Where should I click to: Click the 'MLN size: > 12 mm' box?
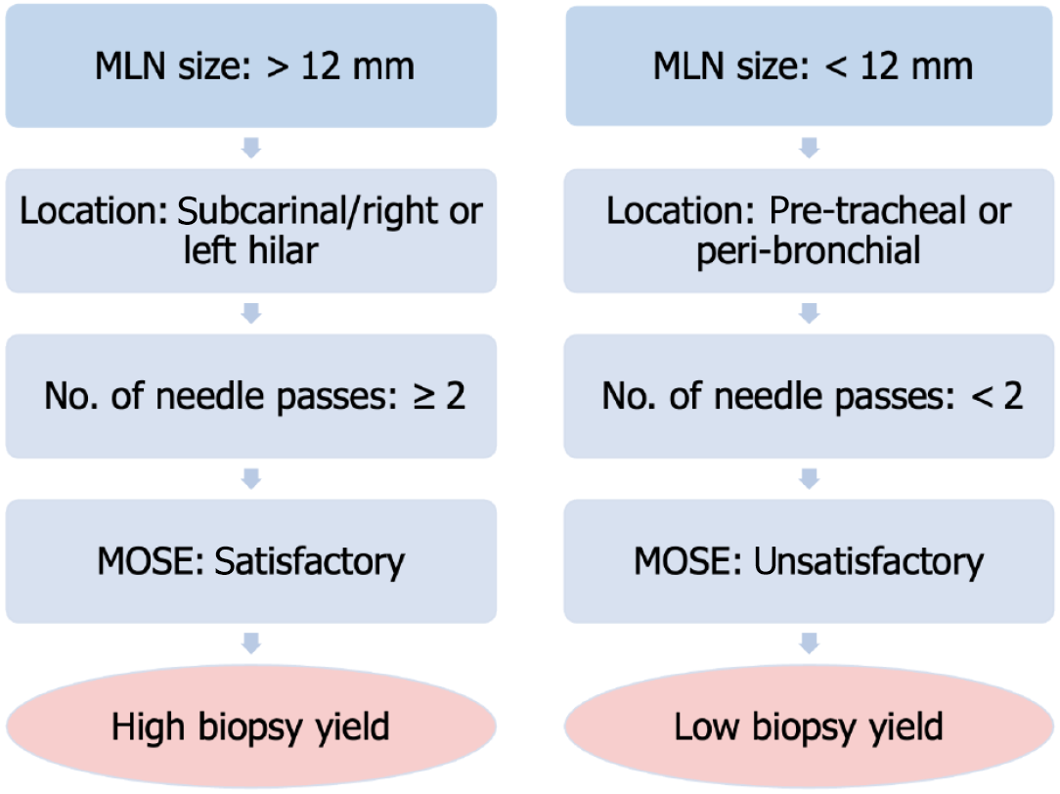click(251, 66)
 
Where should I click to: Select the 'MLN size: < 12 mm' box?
click(810, 66)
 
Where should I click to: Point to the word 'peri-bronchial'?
click(809, 250)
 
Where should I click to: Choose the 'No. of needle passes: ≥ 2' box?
click(251, 396)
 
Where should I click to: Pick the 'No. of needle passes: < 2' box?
click(810, 396)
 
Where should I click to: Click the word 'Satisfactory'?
click(310, 561)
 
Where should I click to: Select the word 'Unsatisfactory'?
click(868, 561)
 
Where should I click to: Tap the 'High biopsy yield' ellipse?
click(251, 727)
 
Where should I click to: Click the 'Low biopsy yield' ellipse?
click(810, 727)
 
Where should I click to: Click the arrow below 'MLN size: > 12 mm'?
click(251, 148)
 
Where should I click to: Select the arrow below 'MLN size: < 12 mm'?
click(810, 148)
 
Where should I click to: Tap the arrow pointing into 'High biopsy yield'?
click(251, 643)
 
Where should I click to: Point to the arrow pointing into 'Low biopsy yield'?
click(810, 643)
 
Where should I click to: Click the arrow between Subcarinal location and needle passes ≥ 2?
click(251, 313)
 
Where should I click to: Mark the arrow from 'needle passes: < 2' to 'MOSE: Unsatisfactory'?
click(810, 478)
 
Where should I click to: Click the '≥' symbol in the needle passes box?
click(423, 397)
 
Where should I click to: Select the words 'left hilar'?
click(250, 250)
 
